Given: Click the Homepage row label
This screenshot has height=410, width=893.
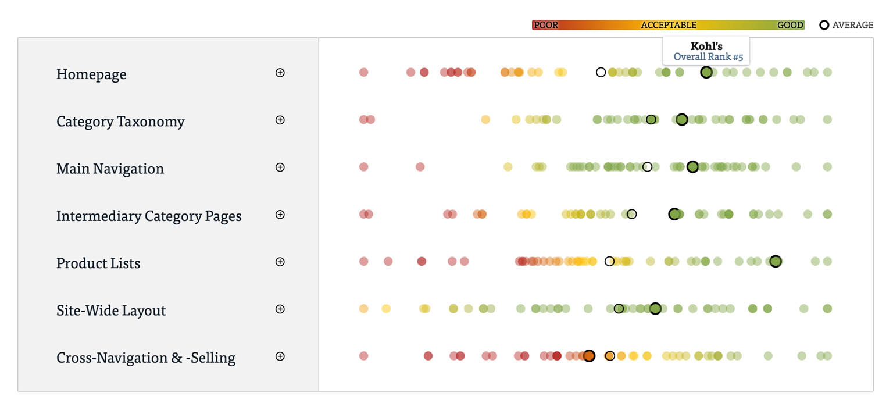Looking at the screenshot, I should click(x=91, y=74).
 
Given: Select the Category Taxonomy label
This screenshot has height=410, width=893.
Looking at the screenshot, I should click(x=120, y=122).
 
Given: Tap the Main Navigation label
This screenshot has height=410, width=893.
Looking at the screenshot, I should click(x=110, y=169).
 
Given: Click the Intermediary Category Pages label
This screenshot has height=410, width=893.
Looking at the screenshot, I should click(x=149, y=216).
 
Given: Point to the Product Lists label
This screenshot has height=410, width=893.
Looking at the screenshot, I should click(x=98, y=263).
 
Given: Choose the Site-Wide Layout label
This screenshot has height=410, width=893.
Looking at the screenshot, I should click(x=111, y=311).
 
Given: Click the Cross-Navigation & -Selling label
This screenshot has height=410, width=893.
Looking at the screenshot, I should click(x=146, y=358).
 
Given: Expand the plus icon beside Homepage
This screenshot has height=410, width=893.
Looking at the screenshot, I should click(x=280, y=73).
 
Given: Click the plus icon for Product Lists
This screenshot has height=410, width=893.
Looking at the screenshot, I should click(x=280, y=262).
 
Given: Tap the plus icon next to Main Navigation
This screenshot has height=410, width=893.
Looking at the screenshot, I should click(x=280, y=167).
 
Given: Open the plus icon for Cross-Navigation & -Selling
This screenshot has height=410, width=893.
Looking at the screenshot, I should click(x=280, y=356).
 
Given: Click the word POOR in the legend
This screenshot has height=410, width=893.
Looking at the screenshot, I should click(x=546, y=25).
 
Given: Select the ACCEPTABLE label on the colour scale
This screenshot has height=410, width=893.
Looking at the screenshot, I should click(x=669, y=25).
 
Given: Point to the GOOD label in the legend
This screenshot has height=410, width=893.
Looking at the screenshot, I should click(x=790, y=25).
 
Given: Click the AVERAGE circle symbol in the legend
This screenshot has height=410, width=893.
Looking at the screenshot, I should click(x=824, y=25).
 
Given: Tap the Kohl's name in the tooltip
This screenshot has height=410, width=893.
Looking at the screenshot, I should click(x=706, y=46).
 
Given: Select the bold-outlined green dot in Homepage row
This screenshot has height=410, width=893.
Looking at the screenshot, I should click(x=706, y=72).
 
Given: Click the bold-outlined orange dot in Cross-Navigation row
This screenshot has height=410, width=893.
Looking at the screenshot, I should click(x=589, y=356).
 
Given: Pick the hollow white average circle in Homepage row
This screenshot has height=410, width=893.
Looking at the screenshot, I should click(x=601, y=72).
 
